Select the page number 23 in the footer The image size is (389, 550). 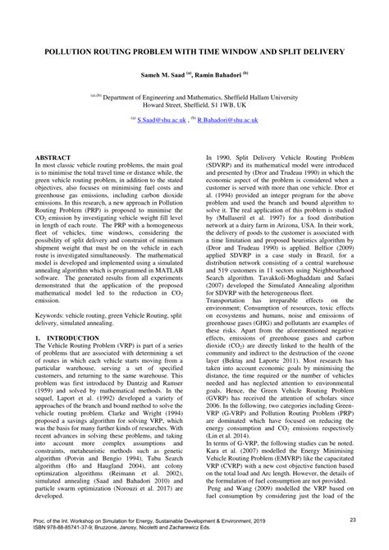coord(352,520)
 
